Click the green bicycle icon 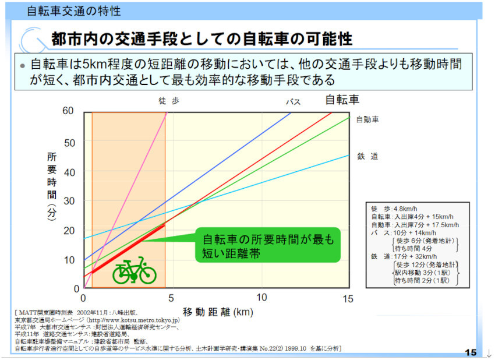[x=135, y=270]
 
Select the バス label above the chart [x=293, y=102]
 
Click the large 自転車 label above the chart [x=342, y=99]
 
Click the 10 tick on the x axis [x=261, y=298]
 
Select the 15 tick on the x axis [x=348, y=298]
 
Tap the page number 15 [x=471, y=352]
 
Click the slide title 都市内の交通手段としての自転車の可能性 [x=201, y=39]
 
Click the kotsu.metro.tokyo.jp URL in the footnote [x=134, y=320]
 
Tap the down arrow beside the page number [x=488, y=352]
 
